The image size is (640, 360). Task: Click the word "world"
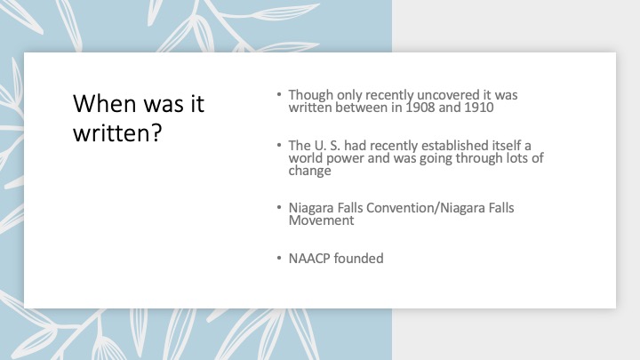point(306,158)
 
